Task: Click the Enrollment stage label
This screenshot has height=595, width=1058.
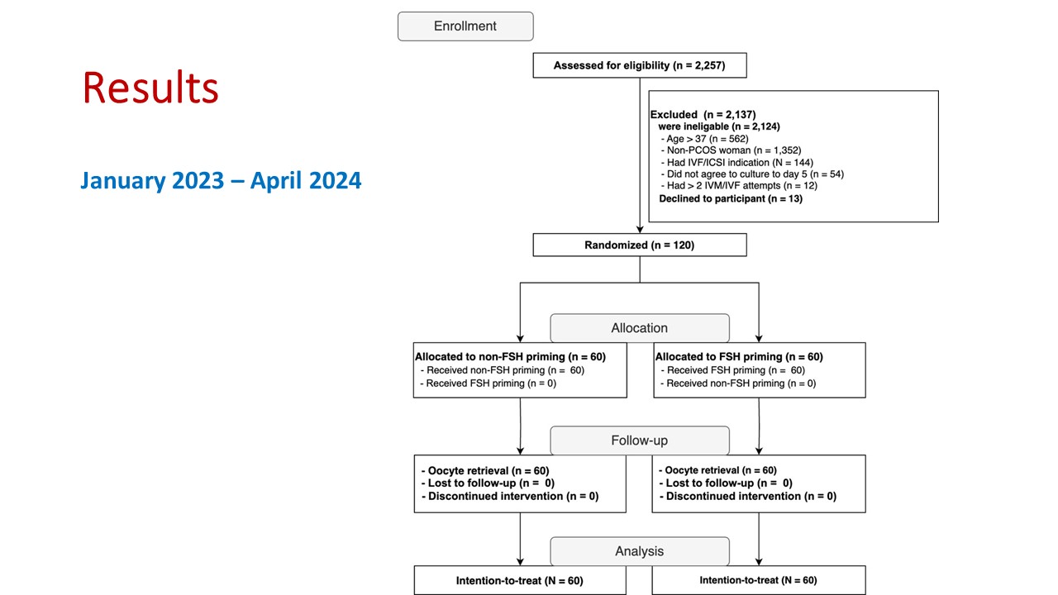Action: [x=465, y=26]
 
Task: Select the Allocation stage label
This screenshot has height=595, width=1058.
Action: [x=640, y=328]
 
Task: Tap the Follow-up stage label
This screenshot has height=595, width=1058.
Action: [x=640, y=440]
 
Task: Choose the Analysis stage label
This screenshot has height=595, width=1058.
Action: [x=640, y=551]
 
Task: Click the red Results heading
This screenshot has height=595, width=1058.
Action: [x=150, y=88]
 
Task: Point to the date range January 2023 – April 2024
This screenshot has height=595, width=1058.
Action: [x=221, y=180]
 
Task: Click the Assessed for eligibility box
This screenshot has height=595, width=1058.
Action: [x=640, y=65]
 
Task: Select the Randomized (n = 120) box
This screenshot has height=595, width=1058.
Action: [x=640, y=245]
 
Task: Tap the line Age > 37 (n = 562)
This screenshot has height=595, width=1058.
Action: [x=705, y=139]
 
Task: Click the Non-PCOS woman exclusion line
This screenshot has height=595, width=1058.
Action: [x=732, y=150]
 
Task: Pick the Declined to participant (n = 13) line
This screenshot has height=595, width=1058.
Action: [x=731, y=199]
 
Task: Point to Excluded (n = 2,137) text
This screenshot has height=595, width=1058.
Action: [x=703, y=115]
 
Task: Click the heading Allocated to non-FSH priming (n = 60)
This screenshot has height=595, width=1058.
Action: [x=510, y=357]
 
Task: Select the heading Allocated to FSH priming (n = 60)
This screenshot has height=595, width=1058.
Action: [x=739, y=357]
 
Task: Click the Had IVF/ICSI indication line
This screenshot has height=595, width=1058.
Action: [x=736, y=163]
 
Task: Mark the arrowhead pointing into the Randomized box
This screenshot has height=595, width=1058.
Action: [x=640, y=230]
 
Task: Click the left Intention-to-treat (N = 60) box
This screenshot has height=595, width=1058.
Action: [x=520, y=580]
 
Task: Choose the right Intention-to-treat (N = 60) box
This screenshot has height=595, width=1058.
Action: [x=759, y=580]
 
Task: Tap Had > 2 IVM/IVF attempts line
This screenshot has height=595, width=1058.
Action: [x=739, y=186]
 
